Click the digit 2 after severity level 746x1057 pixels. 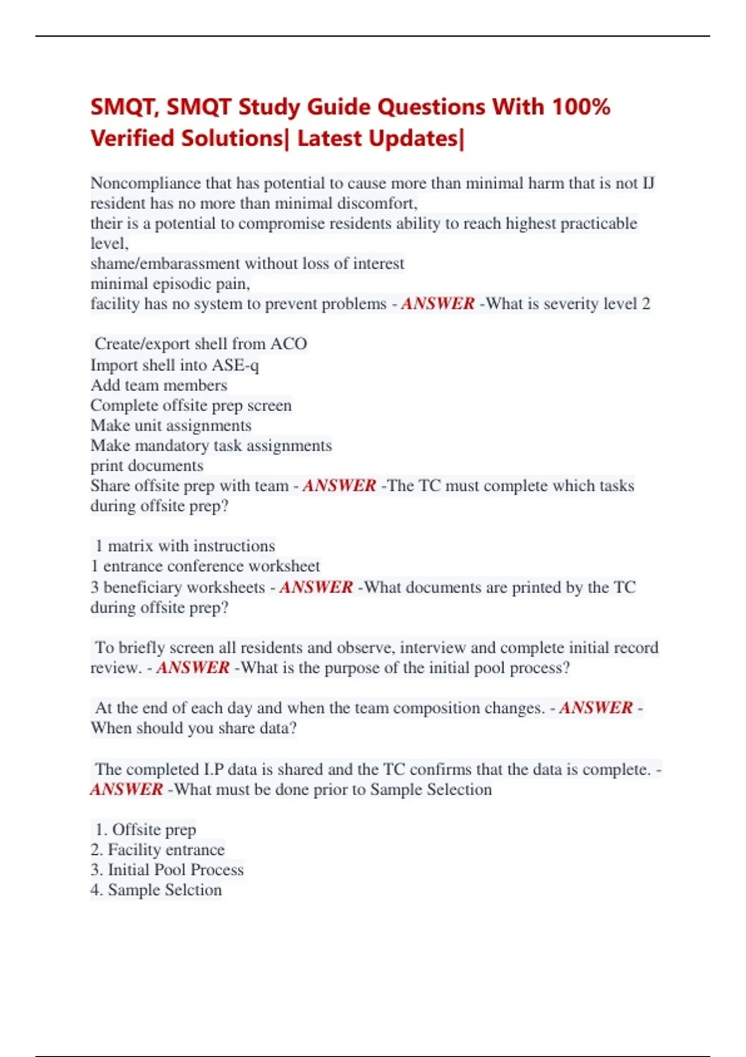pos(646,304)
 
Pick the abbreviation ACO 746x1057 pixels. pos(288,344)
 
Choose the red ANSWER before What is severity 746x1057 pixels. pos(438,304)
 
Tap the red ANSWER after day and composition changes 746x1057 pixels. pos(596,708)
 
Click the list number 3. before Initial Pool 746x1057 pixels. pos(96,870)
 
